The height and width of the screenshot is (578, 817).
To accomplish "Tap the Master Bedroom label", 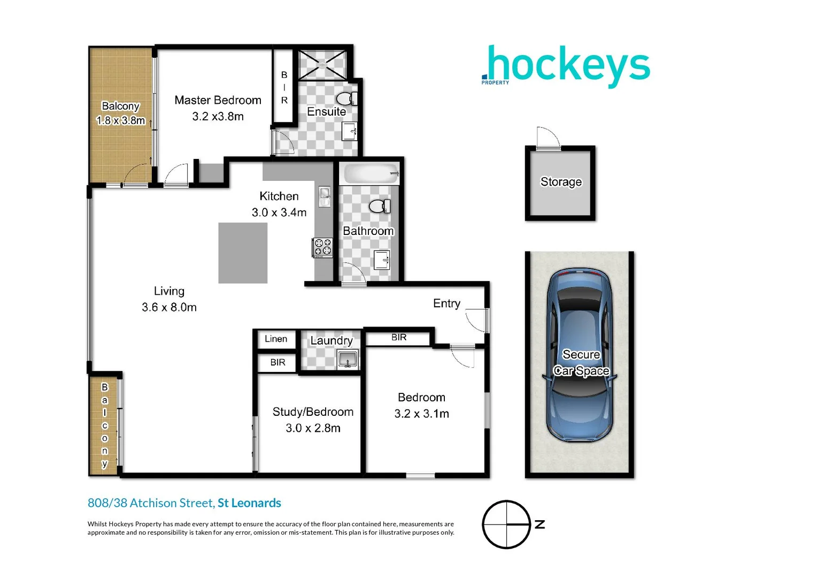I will (x=218, y=100).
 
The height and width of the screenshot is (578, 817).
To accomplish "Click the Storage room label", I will (x=561, y=182).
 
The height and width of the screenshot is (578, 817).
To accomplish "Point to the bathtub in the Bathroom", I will (x=371, y=173).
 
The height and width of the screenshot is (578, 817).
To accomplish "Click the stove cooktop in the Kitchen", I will (x=323, y=247).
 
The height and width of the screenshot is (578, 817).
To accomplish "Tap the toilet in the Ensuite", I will (x=346, y=98).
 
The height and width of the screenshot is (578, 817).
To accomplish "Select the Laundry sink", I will (x=348, y=359).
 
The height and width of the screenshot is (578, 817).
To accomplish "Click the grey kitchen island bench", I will (x=243, y=253).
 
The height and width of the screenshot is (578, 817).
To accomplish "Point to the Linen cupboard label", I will (x=276, y=339).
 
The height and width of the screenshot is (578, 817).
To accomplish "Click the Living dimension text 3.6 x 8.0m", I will (x=169, y=307).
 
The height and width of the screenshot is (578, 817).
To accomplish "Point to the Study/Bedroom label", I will (x=313, y=412).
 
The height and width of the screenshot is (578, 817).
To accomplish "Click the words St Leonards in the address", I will (x=249, y=503).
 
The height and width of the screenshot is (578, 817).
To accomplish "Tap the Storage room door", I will (x=548, y=138).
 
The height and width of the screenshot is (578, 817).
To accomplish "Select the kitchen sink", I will (x=325, y=196).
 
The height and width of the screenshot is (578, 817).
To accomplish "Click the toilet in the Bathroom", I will (x=380, y=206).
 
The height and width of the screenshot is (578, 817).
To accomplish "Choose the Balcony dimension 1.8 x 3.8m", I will (x=120, y=120).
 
